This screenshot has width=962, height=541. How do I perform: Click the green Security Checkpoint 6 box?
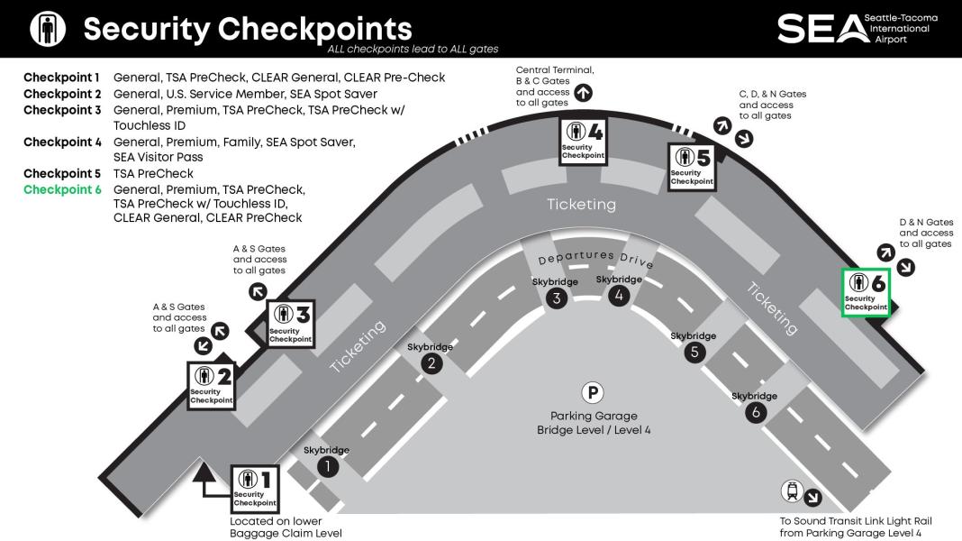(866, 292)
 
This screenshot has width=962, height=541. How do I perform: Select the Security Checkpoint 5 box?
(692, 165)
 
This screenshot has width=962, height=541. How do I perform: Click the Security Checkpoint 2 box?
(212, 384)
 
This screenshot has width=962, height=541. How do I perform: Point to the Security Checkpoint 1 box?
(256, 488)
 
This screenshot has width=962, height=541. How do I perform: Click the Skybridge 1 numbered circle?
(328, 466)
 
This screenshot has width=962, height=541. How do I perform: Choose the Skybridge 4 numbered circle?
(619, 295)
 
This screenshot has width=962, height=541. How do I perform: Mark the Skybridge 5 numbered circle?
(694, 352)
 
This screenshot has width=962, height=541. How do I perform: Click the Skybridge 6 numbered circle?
(755, 412)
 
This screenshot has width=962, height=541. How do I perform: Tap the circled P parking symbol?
(593, 392)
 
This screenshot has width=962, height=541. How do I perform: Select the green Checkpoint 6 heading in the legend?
(62, 190)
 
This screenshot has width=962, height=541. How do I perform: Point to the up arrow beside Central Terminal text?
(583, 92)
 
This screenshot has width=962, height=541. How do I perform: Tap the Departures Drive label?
(595, 258)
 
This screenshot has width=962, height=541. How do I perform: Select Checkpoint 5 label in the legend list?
(62, 173)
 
